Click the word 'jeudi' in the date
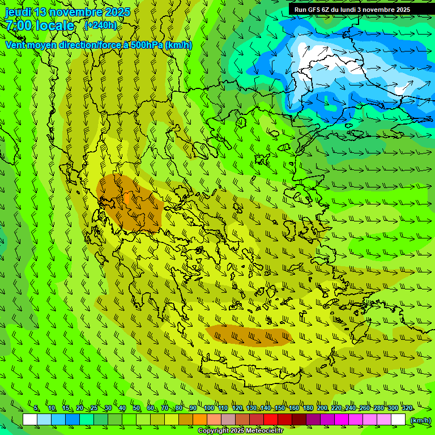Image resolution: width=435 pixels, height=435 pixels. (18, 12)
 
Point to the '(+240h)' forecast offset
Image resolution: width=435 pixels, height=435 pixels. (100, 25)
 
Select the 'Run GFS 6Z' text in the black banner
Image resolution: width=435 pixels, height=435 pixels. (313, 10)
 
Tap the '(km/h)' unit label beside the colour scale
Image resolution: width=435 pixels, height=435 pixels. (420, 420)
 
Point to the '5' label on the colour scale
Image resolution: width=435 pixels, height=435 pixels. (36, 408)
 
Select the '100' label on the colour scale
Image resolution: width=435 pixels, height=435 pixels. (208, 408)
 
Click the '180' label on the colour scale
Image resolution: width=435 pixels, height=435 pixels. (308, 408)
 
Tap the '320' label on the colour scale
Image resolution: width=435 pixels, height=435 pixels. (407, 408)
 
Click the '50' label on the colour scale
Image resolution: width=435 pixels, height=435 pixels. (137, 408)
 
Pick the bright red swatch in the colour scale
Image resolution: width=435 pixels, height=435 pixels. (271, 420)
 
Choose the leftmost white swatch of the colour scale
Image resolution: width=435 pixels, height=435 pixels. (30, 420)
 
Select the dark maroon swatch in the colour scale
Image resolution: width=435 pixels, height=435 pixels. (299, 420)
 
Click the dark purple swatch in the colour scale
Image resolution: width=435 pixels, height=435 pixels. (313, 420)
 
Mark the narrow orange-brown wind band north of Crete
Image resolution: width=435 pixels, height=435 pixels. (249, 336)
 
